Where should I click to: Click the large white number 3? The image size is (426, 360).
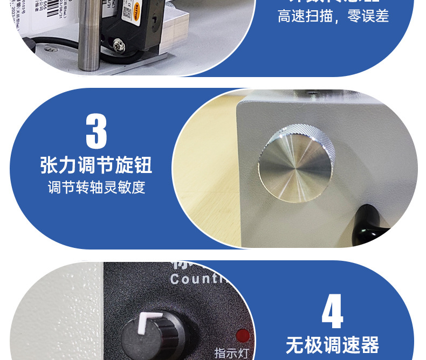point(97,130)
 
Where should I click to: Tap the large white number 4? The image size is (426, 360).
point(332,311)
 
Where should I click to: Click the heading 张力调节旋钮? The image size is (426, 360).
point(96,165)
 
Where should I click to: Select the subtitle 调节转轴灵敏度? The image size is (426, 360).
point(96,188)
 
